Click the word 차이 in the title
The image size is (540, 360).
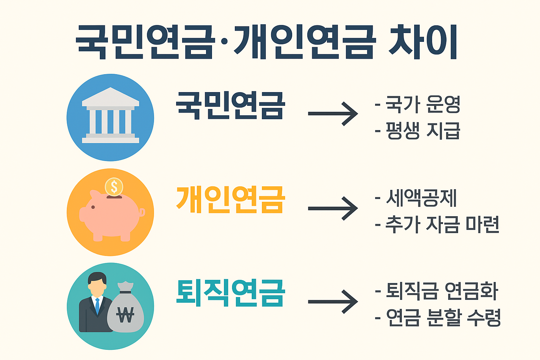(423, 42)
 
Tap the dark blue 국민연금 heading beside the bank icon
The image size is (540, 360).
(230, 105)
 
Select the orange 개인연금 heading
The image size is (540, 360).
(230, 199)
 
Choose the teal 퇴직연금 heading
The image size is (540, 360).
(230, 293)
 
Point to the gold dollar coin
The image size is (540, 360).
(114, 186)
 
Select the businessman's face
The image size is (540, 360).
(97, 287)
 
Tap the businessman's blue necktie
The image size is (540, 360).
(97, 305)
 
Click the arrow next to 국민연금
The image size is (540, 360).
(333, 114)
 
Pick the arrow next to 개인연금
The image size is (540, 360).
(333, 208)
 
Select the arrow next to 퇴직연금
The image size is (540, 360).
(333, 302)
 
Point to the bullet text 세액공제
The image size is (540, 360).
(421, 198)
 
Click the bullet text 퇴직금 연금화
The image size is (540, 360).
(442, 291)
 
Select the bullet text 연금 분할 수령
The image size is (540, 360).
(443, 317)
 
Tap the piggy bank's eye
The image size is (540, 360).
(93, 207)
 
